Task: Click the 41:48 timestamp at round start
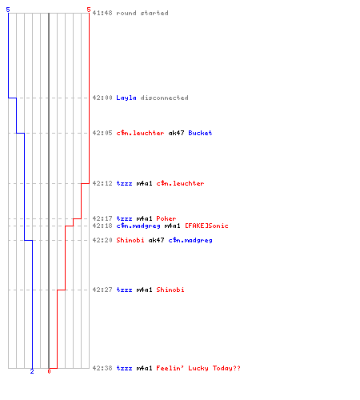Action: (x=102, y=13)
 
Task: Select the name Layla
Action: (x=126, y=98)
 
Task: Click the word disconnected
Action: (x=164, y=98)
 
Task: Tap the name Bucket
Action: (x=200, y=133)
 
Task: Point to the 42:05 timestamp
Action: (x=102, y=133)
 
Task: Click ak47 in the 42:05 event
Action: (x=176, y=133)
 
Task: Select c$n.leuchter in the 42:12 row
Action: (x=180, y=183)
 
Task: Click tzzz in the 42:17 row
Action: (x=124, y=218)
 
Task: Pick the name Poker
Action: (x=166, y=218)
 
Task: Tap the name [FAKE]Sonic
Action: (x=206, y=226)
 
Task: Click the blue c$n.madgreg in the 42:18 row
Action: (x=138, y=226)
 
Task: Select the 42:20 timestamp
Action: (x=102, y=240)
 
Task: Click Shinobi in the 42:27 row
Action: (x=170, y=290)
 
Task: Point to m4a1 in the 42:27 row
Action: (x=144, y=290)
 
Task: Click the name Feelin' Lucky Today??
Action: (x=198, y=368)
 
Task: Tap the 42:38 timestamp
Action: (x=102, y=368)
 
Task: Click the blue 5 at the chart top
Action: (x=8, y=10)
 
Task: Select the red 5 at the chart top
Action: (x=89, y=10)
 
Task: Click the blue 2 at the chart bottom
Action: (x=32, y=371)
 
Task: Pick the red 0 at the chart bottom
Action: (x=49, y=371)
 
